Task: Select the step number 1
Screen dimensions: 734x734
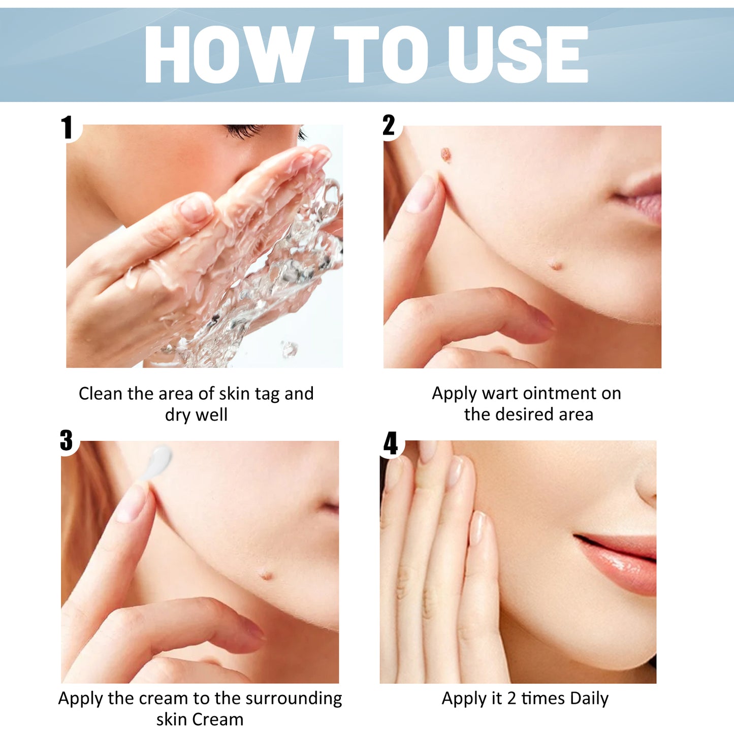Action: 67,127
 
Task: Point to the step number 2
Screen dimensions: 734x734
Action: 389,125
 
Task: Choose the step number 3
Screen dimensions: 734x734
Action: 67,440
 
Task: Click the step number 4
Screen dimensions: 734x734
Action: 390,443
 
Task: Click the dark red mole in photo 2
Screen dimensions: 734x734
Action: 446,154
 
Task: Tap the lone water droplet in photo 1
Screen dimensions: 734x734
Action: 290,348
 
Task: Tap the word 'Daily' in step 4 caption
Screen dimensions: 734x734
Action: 589,699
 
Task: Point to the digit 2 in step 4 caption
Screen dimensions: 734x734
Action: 512,699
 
